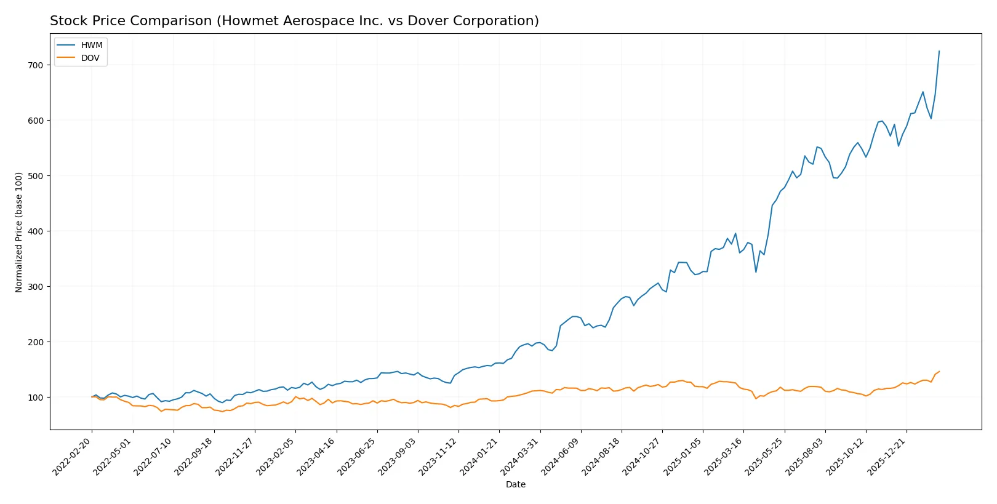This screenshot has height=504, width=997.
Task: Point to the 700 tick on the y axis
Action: [x=36, y=65]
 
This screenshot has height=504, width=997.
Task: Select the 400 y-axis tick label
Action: [x=36, y=231]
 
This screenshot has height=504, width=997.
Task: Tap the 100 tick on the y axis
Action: [x=36, y=398]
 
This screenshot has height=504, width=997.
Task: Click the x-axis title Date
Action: [x=515, y=484]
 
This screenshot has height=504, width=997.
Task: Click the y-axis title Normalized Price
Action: [x=19, y=232]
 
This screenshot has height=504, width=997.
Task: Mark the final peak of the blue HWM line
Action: [x=939, y=51]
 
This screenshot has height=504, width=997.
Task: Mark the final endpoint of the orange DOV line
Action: [x=939, y=372]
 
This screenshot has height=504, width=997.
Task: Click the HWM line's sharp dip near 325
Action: [x=756, y=272]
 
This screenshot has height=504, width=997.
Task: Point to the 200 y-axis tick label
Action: [x=36, y=342]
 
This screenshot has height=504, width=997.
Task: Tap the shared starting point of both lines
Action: [x=92, y=397]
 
